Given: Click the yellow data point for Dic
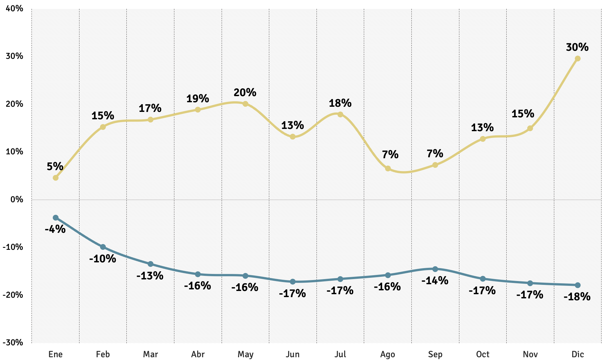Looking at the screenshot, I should coord(577,59).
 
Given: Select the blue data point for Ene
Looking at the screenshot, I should coord(56,218).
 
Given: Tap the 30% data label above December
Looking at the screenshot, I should coord(577,47).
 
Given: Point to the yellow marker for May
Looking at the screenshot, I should coord(245,104).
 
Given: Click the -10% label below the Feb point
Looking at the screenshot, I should coord(103,259).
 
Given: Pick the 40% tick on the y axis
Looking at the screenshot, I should coord(14,9).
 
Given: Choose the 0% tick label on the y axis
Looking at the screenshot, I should coord(17,199).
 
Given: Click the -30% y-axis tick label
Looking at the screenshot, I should coord(13,342).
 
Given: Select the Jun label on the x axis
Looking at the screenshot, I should coord(293,354).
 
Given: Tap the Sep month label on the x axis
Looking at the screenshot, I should coord(435,354).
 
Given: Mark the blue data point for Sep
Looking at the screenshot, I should coord(435,269).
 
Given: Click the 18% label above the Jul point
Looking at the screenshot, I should coord(340,103).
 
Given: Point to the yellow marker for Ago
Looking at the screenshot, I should coord(388,168).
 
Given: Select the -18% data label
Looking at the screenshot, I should coord(577,296).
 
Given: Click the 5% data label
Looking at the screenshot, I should coord(55,167).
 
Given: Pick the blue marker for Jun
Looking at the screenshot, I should coord(293,282).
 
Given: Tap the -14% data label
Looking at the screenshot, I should coord(435,281).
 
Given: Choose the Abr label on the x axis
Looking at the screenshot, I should coord(198,354).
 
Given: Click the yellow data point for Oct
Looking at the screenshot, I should coord(483,139).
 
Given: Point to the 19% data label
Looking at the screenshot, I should coord(198,98).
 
